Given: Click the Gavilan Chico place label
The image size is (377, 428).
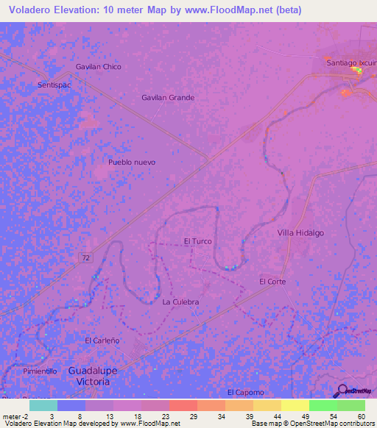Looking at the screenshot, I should pos(98,67).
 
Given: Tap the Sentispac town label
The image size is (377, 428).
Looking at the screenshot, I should pos(53,85).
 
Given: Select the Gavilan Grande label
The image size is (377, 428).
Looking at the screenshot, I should pos(168,97).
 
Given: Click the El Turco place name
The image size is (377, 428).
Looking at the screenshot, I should pos(197,241).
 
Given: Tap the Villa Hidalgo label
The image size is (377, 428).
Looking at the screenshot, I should pos(300,232).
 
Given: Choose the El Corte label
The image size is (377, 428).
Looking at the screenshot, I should pos(272,282).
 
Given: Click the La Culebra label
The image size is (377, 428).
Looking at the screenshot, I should pos(180,302).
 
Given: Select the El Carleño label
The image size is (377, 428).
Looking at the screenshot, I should pos(102,340).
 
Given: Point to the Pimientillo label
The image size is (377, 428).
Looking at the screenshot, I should pos(40,371).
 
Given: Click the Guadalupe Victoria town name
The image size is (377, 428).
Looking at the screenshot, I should pos(93,377).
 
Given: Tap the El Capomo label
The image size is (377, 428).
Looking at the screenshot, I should pos(245,392).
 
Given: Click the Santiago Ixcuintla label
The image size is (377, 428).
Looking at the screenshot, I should pos(351,63).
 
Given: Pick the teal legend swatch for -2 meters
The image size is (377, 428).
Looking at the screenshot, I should pos(43,405).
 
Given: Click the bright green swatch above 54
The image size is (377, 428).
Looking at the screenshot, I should pos(323,405).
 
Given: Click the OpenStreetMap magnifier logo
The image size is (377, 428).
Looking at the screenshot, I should pos(342,390).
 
